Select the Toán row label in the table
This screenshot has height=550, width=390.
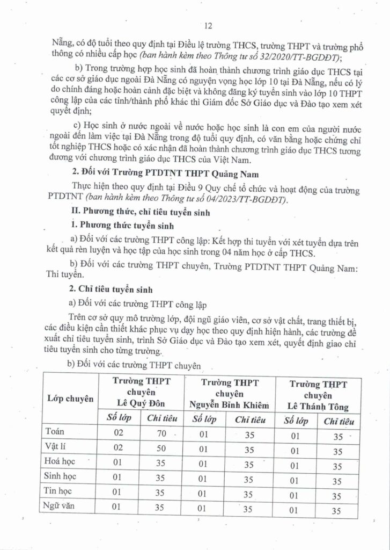[55, 431]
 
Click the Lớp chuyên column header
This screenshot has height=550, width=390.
[71, 399]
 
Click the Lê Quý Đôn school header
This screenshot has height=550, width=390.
[141, 393]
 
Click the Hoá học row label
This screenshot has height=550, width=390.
[62, 461]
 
